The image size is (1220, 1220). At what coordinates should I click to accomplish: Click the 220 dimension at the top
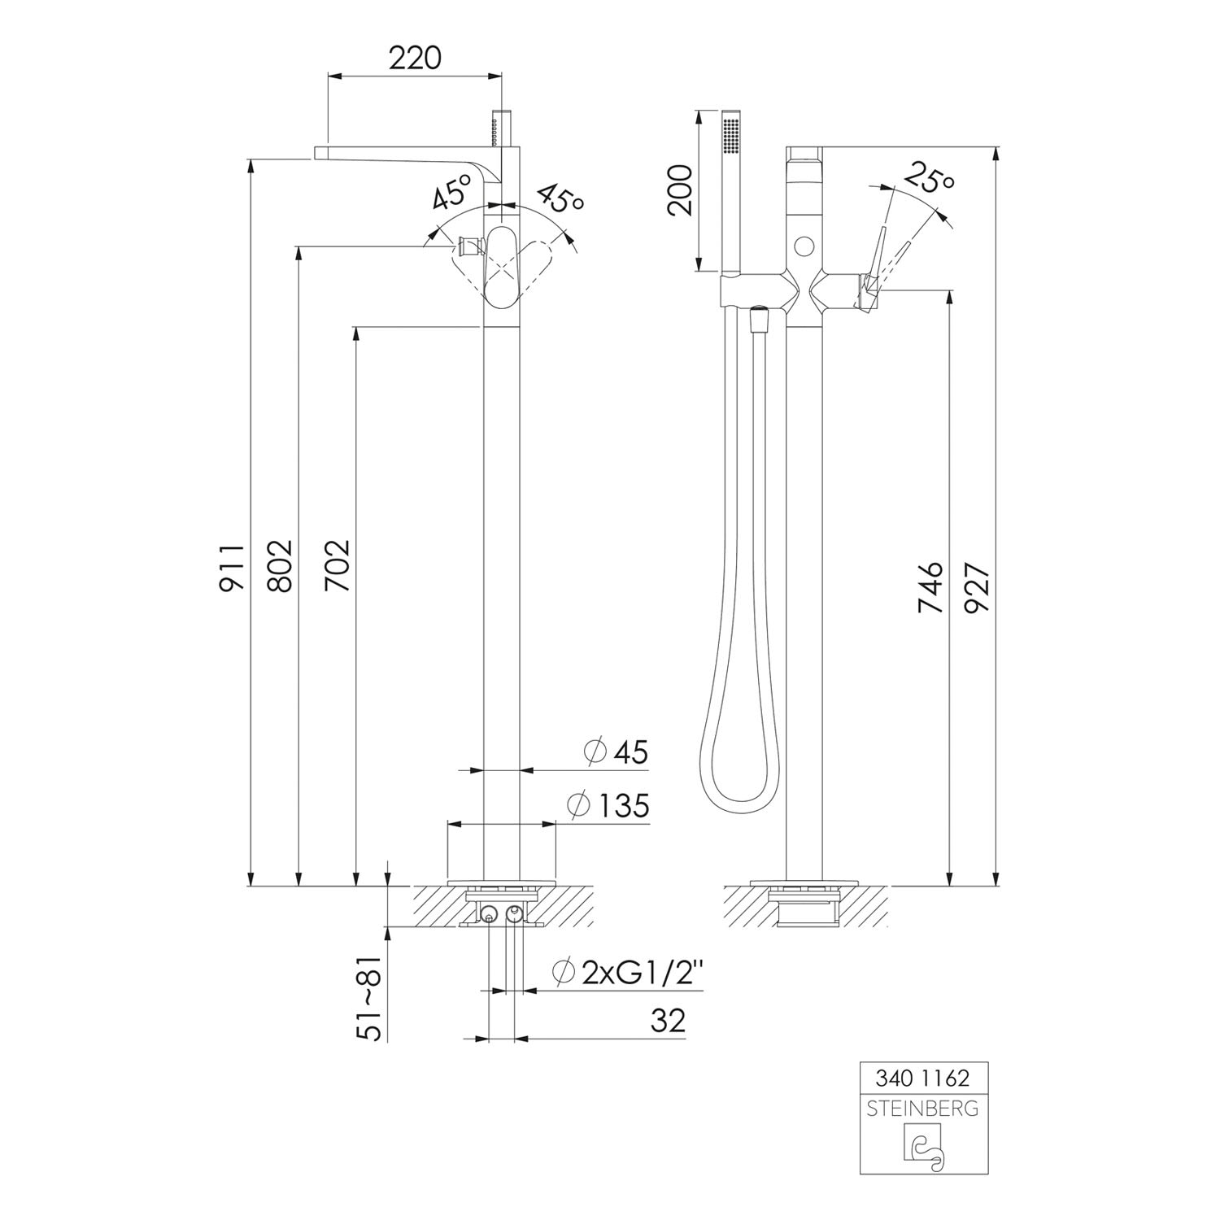point(415,59)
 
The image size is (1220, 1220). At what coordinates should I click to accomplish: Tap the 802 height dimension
point(279,564)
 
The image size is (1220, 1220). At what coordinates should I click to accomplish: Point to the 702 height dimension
point(337,565)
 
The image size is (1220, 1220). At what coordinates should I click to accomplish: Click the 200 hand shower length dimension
point(679,189)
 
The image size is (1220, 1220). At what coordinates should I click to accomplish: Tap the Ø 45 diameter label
point(617,752)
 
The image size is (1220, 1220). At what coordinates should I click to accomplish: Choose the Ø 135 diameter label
point(608,806)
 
